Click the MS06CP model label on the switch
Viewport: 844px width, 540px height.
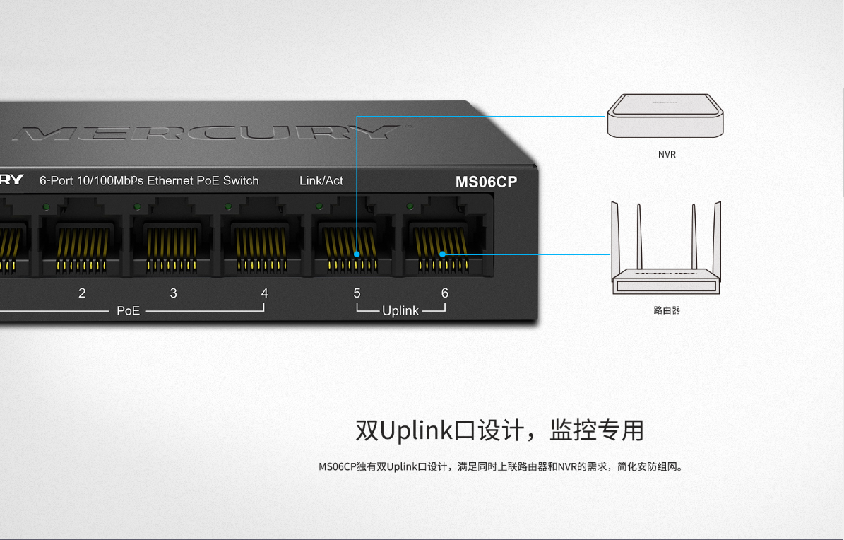pos(486,182)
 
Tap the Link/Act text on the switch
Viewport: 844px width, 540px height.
pos(321,181)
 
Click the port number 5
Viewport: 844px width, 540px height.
pos(357,293)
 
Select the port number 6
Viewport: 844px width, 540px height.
pos(444,293)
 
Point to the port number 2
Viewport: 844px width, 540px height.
pos(82,293)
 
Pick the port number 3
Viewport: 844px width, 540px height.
pos(173,293)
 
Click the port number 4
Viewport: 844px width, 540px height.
pos(264,293)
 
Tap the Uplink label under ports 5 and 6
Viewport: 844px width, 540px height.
pos(400,310)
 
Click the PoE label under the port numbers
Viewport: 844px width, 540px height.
pos(128,310)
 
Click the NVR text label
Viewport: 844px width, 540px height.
pos(666,154)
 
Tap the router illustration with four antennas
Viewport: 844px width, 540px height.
pos(665,254)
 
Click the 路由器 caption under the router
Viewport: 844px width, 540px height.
pos(666,310)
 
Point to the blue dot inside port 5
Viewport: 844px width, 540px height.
pos(357,253)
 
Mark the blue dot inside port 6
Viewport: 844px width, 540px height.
pos(442,254)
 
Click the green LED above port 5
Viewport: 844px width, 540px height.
pos(319,206)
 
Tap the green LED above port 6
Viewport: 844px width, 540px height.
pos(410,206)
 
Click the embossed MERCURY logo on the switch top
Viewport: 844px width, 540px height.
pos(205,132)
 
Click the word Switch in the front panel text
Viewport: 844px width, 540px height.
pos(241,181)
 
